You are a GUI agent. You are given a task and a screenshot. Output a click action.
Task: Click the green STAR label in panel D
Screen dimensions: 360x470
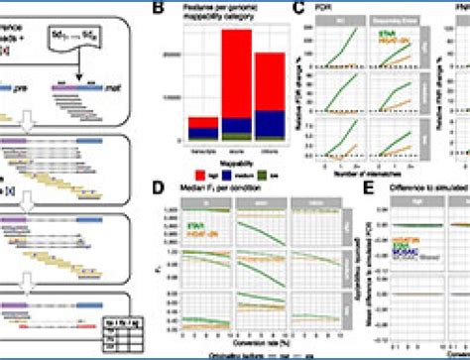click(194, 225)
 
